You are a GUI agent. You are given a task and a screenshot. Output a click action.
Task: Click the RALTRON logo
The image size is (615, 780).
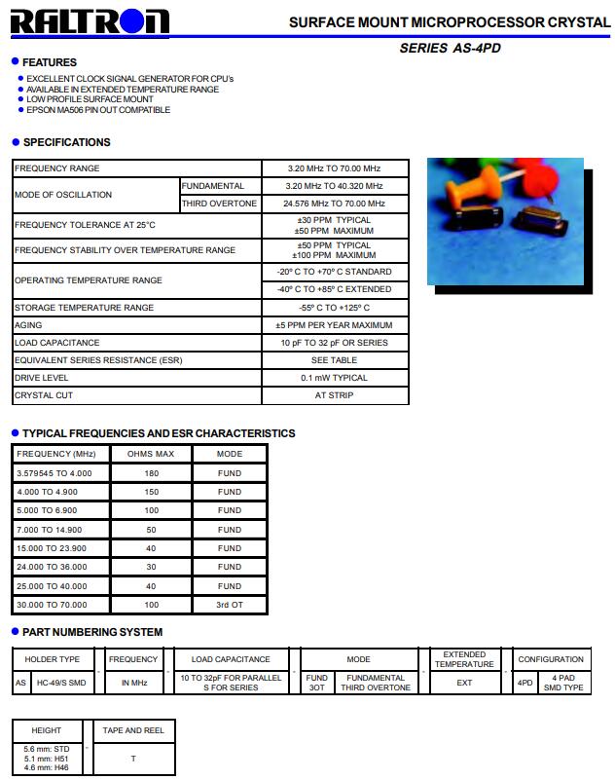[x=90, y=21]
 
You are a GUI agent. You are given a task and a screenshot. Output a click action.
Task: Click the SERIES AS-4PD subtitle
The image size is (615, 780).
[x=450, y=48]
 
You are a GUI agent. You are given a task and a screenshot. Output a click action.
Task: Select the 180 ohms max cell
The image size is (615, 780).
[x=151, y=473]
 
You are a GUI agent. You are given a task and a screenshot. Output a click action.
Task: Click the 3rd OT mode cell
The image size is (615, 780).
[x=230, y=605]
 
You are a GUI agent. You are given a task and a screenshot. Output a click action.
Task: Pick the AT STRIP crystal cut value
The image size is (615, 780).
[x=334, y=395]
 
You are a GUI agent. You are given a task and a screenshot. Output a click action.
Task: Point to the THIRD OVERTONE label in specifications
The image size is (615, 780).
[x=220, y=204]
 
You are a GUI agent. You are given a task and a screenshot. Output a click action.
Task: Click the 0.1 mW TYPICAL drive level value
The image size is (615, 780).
[x=334, y=378]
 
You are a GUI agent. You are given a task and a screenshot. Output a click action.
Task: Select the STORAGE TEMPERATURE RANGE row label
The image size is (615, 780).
[x=84, y=308]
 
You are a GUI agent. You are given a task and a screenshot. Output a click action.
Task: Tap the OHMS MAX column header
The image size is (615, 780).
[x=151, y=454]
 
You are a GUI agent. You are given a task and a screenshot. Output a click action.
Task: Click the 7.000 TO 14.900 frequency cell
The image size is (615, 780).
[x=50, y=530]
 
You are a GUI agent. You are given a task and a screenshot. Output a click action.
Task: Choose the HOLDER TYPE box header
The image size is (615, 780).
[x=53, y=659]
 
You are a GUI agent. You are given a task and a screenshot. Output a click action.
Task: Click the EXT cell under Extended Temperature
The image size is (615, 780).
[x=464, y=683]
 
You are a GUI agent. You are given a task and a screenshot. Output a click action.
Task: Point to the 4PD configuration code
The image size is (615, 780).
[x=525, y=683]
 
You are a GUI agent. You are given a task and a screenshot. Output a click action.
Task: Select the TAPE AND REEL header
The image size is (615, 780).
[x=133, y=730]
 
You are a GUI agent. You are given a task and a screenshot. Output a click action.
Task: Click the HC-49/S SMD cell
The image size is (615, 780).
[x=61, y=683]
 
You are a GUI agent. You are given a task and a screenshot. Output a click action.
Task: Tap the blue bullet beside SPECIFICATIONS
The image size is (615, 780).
[x=16, y=142]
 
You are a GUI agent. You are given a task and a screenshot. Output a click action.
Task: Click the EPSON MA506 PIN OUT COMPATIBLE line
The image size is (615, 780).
[x=98, y=110]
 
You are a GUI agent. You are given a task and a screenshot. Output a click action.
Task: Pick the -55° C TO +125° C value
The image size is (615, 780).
[x=334, y=308]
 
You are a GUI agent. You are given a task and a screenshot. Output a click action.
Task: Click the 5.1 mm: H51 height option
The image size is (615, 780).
[x=46, y=759]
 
